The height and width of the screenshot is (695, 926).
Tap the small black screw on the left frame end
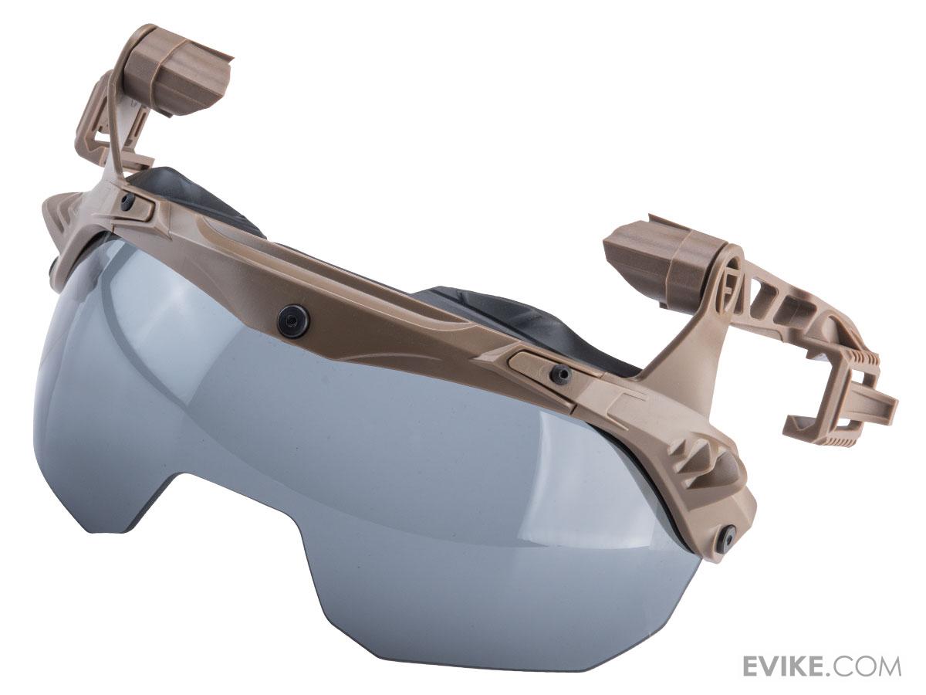pyautogui.click(x=127, y=201)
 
